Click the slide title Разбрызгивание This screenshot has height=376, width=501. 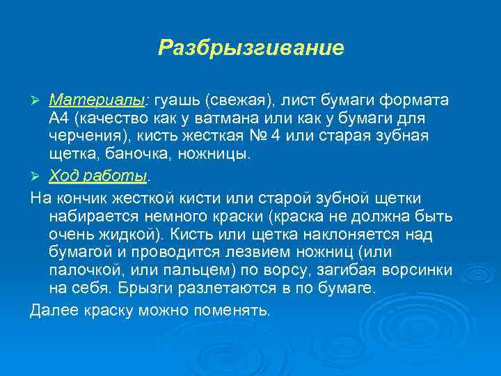pyautogui.click(x=250, y=47)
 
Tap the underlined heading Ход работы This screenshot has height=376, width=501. pyautogui.click(x=98, y=173)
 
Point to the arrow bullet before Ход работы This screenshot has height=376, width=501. pyautogui.click(x=38, y=174)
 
